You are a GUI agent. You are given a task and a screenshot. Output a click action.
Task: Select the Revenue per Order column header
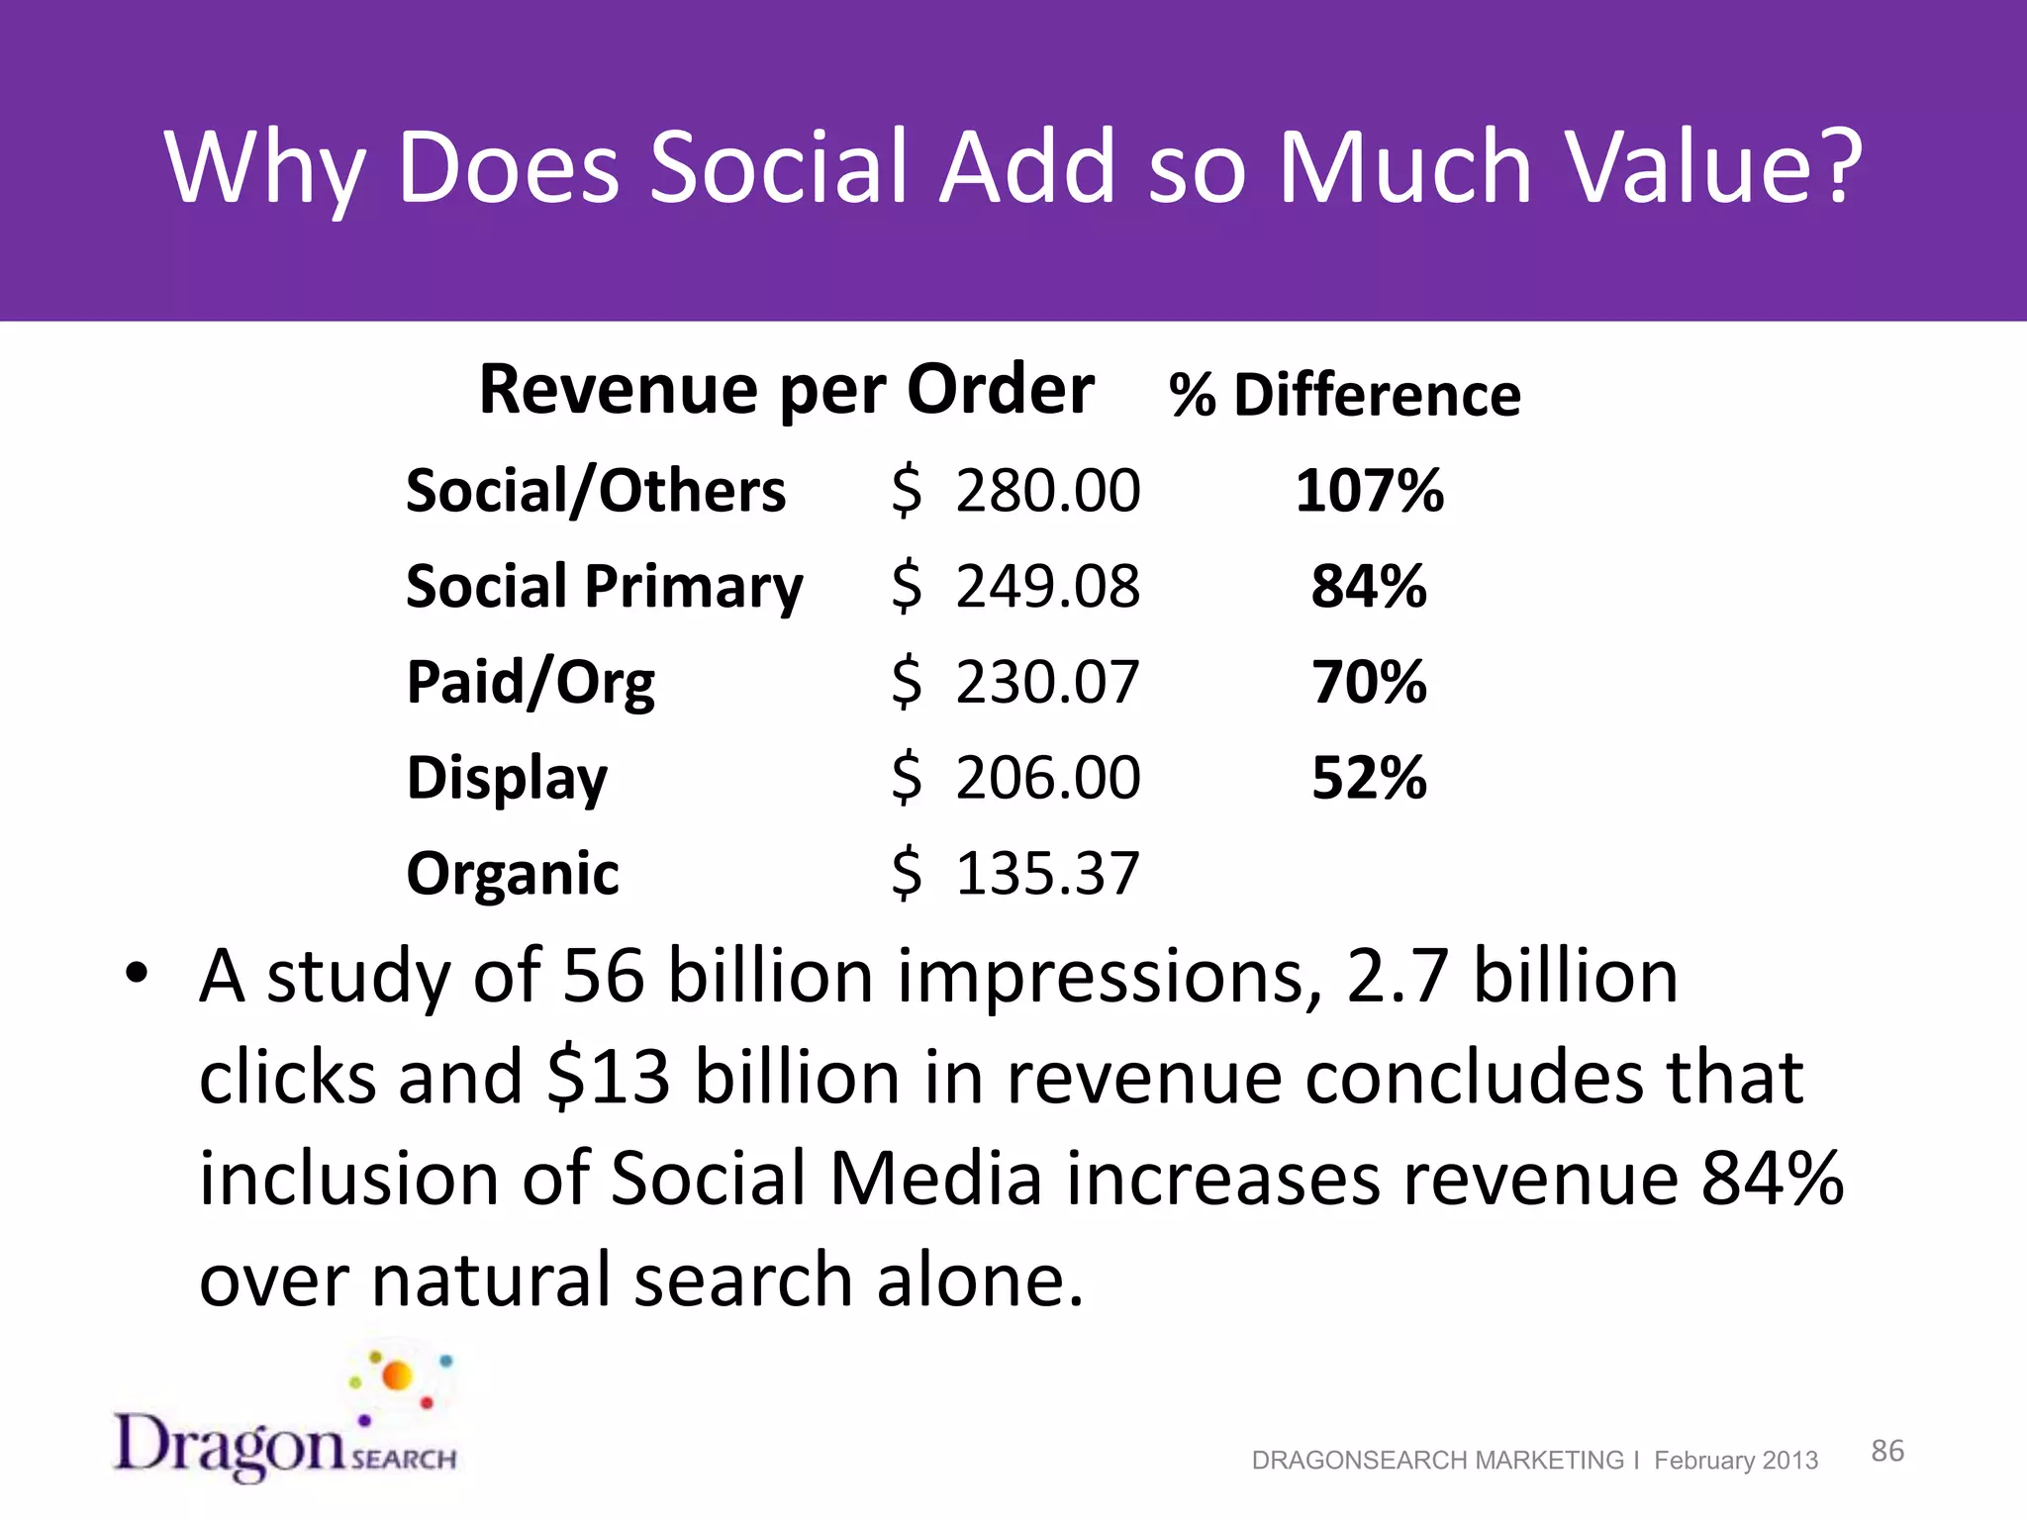tap(786, 390)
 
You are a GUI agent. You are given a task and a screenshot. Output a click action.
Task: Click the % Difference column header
tap(1344, 395)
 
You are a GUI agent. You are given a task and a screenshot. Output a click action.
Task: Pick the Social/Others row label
tap(596, 491)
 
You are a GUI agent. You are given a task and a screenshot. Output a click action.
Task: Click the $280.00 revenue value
tap(1015, 491)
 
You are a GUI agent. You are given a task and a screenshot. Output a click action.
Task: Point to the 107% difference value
tap(1370, 491)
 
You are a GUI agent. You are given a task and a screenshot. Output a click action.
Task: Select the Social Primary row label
tap(604, 587)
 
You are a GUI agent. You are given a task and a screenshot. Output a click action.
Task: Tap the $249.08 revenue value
tap(1015, 586)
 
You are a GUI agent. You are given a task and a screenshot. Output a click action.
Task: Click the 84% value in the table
tap(1369, 586)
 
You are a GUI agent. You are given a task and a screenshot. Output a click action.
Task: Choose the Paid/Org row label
tap(531, 683)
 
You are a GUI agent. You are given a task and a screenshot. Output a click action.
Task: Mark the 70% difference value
tap(1369, 682)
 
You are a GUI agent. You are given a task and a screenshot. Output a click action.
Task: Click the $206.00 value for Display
tap(1015, 778)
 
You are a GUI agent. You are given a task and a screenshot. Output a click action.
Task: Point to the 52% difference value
tap(1369, 778)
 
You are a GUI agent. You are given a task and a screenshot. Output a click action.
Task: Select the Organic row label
tap(513, 874)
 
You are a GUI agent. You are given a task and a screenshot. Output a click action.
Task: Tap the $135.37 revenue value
tap(1015, 874)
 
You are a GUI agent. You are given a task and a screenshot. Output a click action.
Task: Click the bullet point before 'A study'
tap(136, 974)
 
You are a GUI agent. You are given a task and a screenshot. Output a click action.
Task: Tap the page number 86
tap(1886, 1451)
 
